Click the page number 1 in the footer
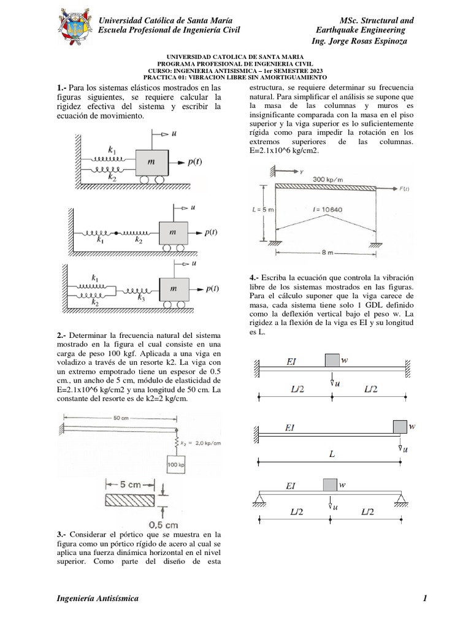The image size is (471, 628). [424, 598]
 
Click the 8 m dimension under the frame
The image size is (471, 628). [334, 252]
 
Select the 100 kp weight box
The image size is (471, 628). [175, 464]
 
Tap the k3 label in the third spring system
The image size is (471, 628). [141, 297]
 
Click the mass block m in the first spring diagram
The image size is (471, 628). [151, 162]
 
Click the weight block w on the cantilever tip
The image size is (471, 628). [400, 426]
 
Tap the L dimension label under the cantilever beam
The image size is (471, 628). [332, 455]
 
